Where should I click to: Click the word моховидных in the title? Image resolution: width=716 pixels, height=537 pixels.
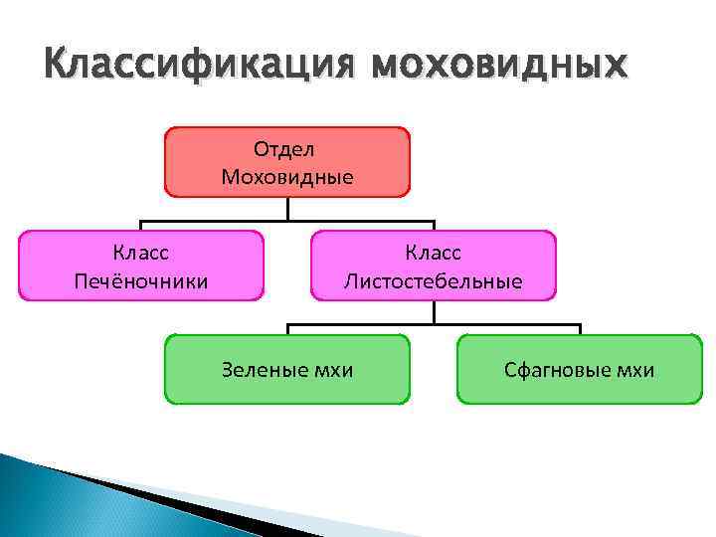pos(499,67)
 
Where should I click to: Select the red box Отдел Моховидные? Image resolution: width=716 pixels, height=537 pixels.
pos(286,161)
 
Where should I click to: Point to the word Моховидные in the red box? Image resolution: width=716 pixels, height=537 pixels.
pos(286,177)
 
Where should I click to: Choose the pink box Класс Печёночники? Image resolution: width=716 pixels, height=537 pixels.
pos(141,266)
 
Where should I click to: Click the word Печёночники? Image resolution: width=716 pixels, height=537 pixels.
pos(141,281)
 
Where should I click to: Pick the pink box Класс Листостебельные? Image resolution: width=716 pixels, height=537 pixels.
pos(433,266)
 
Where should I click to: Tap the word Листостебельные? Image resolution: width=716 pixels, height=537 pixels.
pos(433,281)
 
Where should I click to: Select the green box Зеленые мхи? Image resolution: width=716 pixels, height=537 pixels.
pos(286,369)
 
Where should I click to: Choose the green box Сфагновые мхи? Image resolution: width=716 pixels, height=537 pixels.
pos(579,369)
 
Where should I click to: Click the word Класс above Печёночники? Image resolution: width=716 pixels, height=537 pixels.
pos(141,254)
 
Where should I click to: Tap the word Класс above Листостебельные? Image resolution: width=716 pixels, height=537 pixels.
pos(433,254)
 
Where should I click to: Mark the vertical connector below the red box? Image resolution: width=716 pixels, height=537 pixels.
pos(287,208)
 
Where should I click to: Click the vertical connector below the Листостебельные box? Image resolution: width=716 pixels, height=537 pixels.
pos(434,311)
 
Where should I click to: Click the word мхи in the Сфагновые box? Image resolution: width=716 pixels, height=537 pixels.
pos(635,371)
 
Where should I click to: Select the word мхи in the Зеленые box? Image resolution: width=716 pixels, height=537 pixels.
pos(333,371)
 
